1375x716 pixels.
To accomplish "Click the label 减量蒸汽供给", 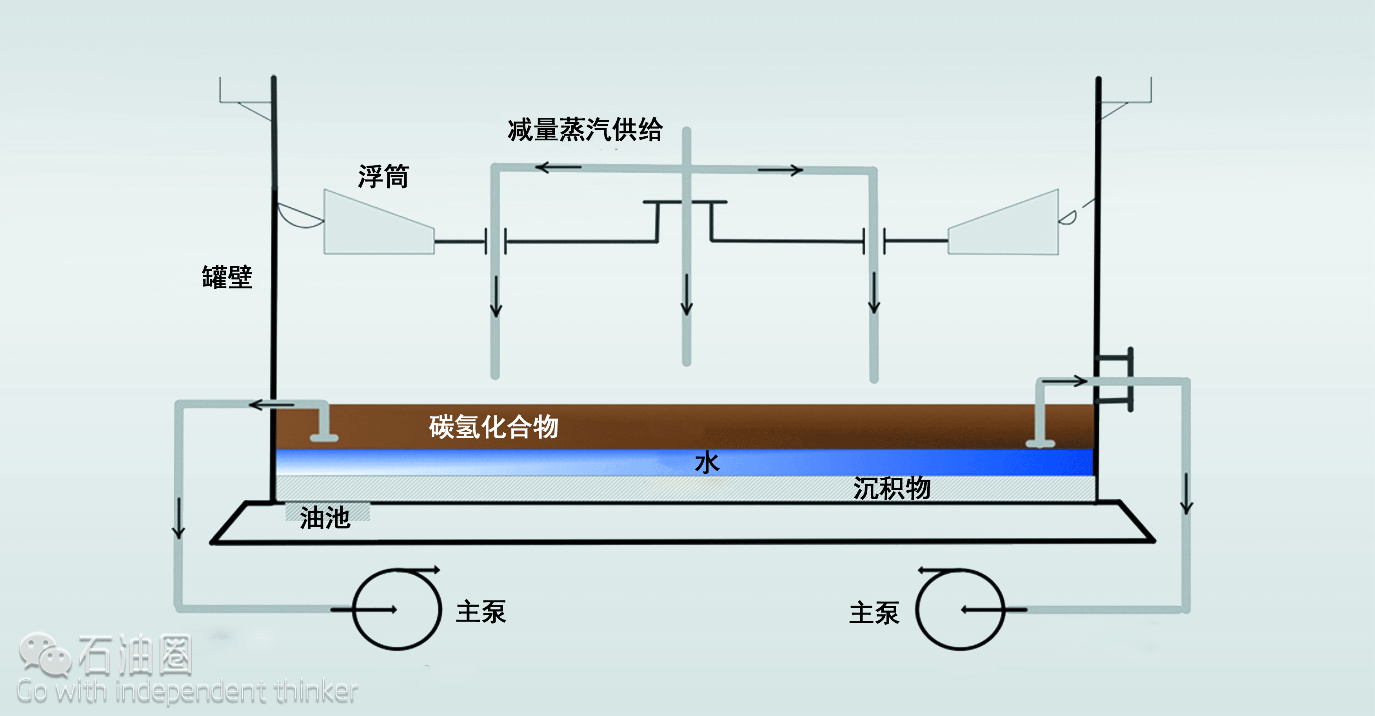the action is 585,130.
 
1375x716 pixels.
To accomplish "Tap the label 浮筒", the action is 383,177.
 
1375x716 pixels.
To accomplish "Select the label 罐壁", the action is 227,277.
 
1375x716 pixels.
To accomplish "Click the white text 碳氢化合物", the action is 494,427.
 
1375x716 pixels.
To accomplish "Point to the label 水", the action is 707,462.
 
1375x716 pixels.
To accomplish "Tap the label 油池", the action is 325,518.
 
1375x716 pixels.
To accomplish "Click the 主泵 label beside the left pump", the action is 481,611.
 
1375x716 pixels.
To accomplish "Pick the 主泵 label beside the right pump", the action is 874,613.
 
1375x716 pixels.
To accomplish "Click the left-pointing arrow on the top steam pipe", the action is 558,167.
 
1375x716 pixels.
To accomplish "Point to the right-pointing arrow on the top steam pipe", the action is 780,170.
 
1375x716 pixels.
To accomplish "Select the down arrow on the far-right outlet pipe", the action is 1186,493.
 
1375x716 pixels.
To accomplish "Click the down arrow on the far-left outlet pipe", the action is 178,518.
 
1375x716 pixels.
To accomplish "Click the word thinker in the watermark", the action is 316,691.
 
